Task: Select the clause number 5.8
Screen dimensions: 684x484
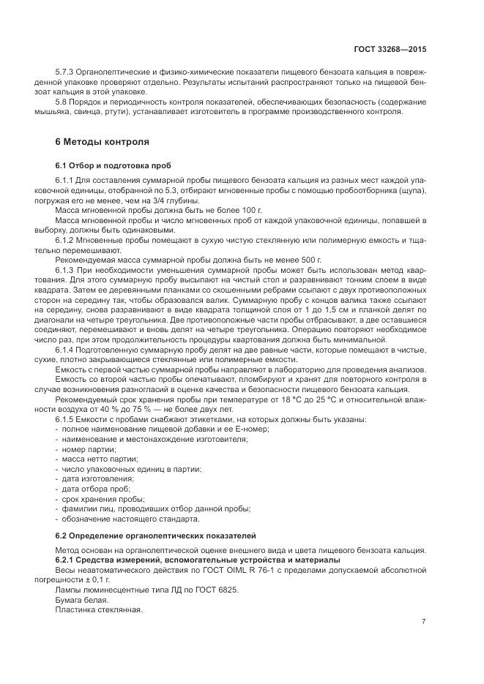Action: click(x=62, y=103)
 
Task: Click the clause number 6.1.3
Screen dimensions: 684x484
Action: click(x=66, y=270)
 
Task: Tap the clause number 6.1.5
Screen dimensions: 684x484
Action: click(x=66, y=419)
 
